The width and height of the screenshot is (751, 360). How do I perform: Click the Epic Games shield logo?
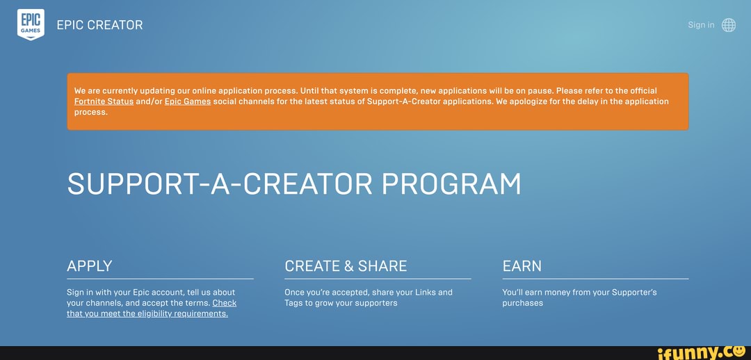pos(31,24)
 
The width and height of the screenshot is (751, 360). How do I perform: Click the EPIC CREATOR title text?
pos(99,25)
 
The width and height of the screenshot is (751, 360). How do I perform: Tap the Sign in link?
pos(701,25)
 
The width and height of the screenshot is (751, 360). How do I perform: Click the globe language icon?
pos(729,25)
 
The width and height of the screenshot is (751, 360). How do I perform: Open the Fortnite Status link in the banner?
pos(104,101)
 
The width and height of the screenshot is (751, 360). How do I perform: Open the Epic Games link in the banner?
pos(188,101)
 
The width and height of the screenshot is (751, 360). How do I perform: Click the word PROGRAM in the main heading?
pos(451,184)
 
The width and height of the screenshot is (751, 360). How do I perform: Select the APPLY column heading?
pos(90,266)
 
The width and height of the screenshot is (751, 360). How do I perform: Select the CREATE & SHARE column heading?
pos(346,266)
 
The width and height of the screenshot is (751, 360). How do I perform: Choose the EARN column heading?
pos(522,266)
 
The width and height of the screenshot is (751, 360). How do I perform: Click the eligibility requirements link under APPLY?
pos(147,313)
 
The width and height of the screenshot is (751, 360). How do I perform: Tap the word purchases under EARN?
pos(522,303)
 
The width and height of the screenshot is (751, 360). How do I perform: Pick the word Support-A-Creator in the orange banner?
pos(403,101)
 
